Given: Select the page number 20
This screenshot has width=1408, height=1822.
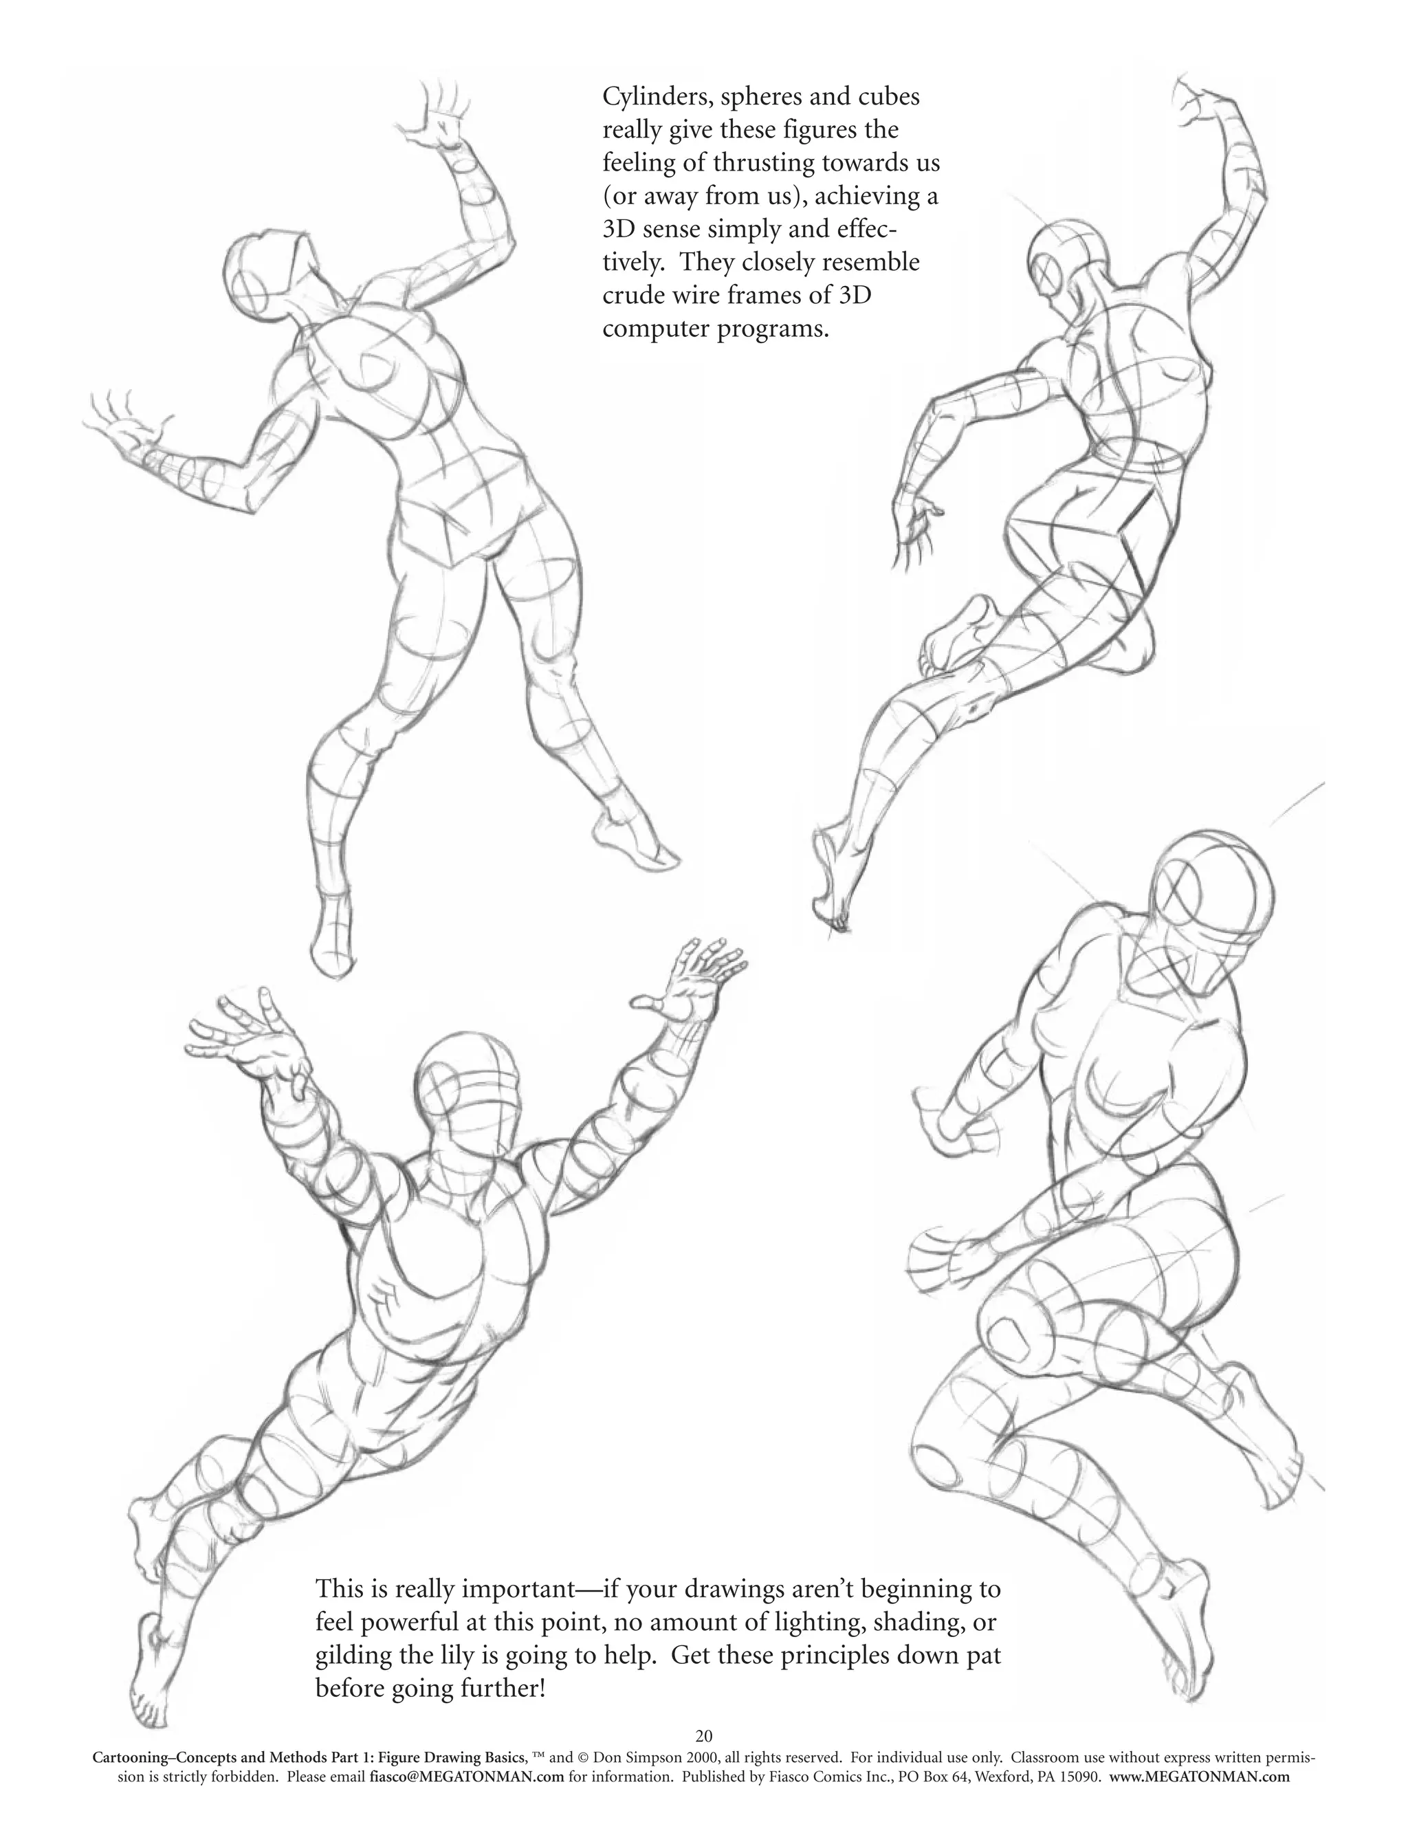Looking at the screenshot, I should (703, 1736).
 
